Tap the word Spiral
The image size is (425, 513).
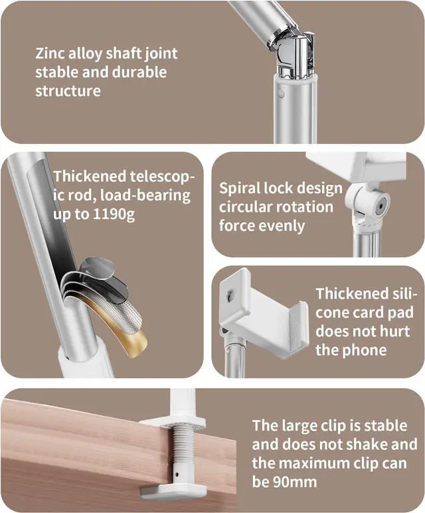coord(242,188)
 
